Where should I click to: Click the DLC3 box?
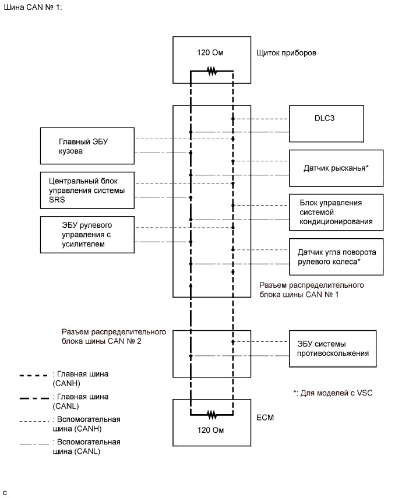point(327,123)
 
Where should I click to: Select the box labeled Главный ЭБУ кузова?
point(88,146)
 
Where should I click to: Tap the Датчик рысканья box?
point(336,168)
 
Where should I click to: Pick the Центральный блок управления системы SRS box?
point(88,190)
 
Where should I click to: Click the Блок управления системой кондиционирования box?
point(336,212)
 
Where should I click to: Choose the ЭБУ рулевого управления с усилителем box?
point(88,235)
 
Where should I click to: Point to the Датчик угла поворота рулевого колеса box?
point(336,256)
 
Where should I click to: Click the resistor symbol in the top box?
point(211,72)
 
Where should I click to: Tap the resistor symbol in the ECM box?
point(211,415)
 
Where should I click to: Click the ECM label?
point(266,418)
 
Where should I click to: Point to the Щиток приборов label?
point(286,53)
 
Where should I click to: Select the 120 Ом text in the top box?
point(211,53)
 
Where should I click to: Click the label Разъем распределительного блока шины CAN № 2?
point(114,337)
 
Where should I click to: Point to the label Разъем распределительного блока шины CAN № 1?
point(311,290)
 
